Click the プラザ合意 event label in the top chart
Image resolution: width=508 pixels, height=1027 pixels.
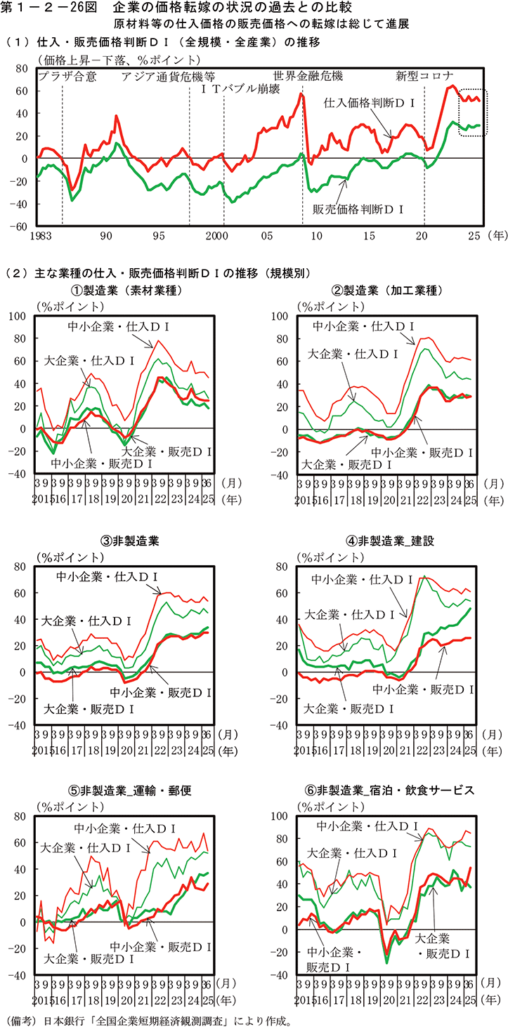pyautogui.click(x=67, y=75)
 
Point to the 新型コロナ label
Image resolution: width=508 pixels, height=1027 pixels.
pyautogui.click(x=424, y=75)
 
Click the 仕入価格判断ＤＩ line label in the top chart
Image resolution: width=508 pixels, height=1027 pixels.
pyautogui.click(x=371, y=102)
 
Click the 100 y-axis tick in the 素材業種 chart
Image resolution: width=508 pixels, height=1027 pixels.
pyautogui.click(x=16, y=316)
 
